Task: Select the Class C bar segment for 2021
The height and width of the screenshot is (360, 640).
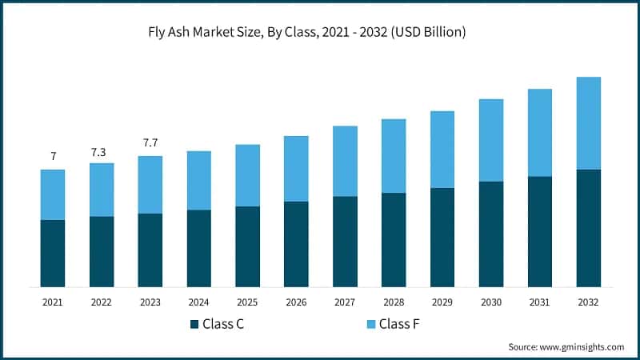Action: coord(53,253)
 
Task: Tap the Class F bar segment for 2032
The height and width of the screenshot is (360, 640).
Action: coord(588,123)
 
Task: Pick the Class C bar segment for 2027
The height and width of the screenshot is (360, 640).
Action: coord(345,242)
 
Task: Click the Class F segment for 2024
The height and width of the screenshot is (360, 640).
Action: coord(198,181)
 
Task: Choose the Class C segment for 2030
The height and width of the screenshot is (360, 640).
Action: coord(490,234)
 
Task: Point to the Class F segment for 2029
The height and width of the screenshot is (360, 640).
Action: coord(442,150)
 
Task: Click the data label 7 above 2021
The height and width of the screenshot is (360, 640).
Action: coord(53,157)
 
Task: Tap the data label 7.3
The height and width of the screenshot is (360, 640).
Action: coord(101,151)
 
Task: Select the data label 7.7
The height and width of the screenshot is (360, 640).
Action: coord(150,143)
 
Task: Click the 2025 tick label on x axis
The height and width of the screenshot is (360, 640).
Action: coord(247,302)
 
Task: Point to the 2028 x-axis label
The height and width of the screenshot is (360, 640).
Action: coord(393,302)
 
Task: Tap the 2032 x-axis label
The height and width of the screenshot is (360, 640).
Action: coord(588,302)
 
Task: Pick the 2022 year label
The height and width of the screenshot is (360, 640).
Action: coord(101,302)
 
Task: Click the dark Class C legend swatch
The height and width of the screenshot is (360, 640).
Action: coord(194,324)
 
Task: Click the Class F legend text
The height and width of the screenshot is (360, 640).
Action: coord(399,324)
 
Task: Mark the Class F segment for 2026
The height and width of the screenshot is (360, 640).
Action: coord(296,169)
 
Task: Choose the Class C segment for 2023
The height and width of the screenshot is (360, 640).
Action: coord(150,250)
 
